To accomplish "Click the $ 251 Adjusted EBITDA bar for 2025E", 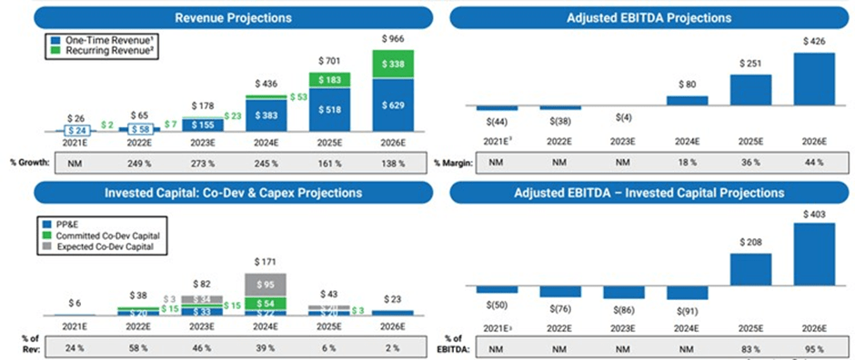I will click(x=749, y=91).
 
